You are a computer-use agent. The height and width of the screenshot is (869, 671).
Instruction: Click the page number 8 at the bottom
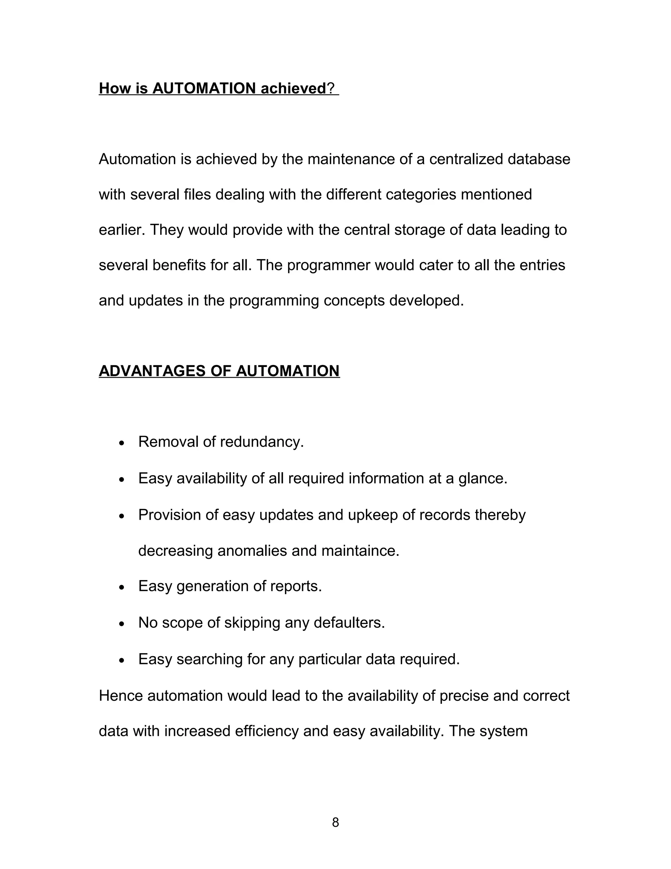point(335,822)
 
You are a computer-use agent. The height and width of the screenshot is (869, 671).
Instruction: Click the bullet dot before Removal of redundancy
point(122,443)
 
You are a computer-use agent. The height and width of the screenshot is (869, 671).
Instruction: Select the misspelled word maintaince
point(360,551)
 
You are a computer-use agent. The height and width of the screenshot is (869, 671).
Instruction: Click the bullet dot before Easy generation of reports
point(122,587)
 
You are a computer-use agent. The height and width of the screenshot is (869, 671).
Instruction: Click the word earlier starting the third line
point(122,230)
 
